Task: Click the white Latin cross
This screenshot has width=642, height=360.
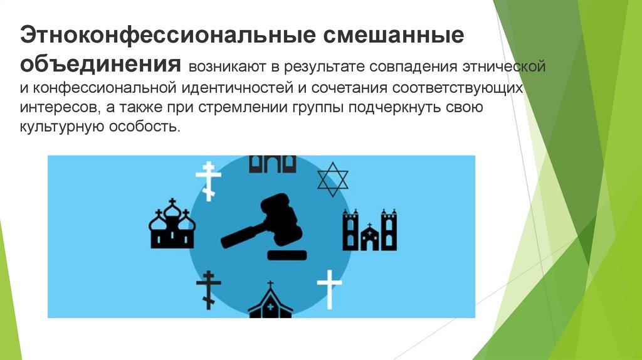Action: click(330, 289)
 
